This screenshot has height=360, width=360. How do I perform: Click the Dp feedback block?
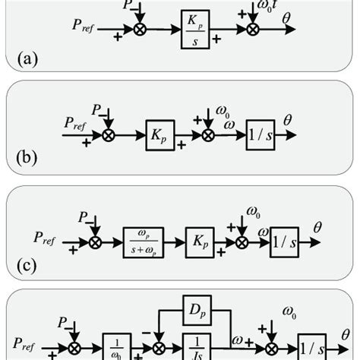[x=194, y=311]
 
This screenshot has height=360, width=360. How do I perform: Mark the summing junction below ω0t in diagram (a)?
[x=253, y=33]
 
